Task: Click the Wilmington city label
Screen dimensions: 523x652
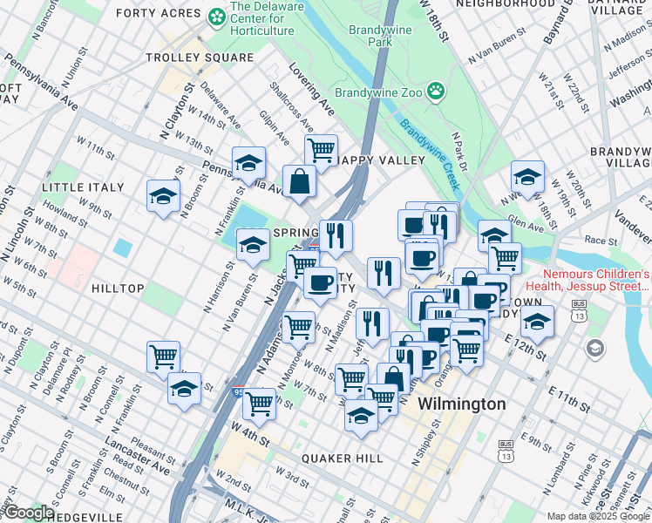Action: [x=461, y=404]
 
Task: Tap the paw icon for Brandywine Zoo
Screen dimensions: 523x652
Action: [x=435, y=90]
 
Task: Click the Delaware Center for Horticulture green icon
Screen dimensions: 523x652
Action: [x=216, y=16]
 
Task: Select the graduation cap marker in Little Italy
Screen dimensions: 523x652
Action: [x=162, y=196]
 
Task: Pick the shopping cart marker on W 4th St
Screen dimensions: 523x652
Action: [x=259, y=404]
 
